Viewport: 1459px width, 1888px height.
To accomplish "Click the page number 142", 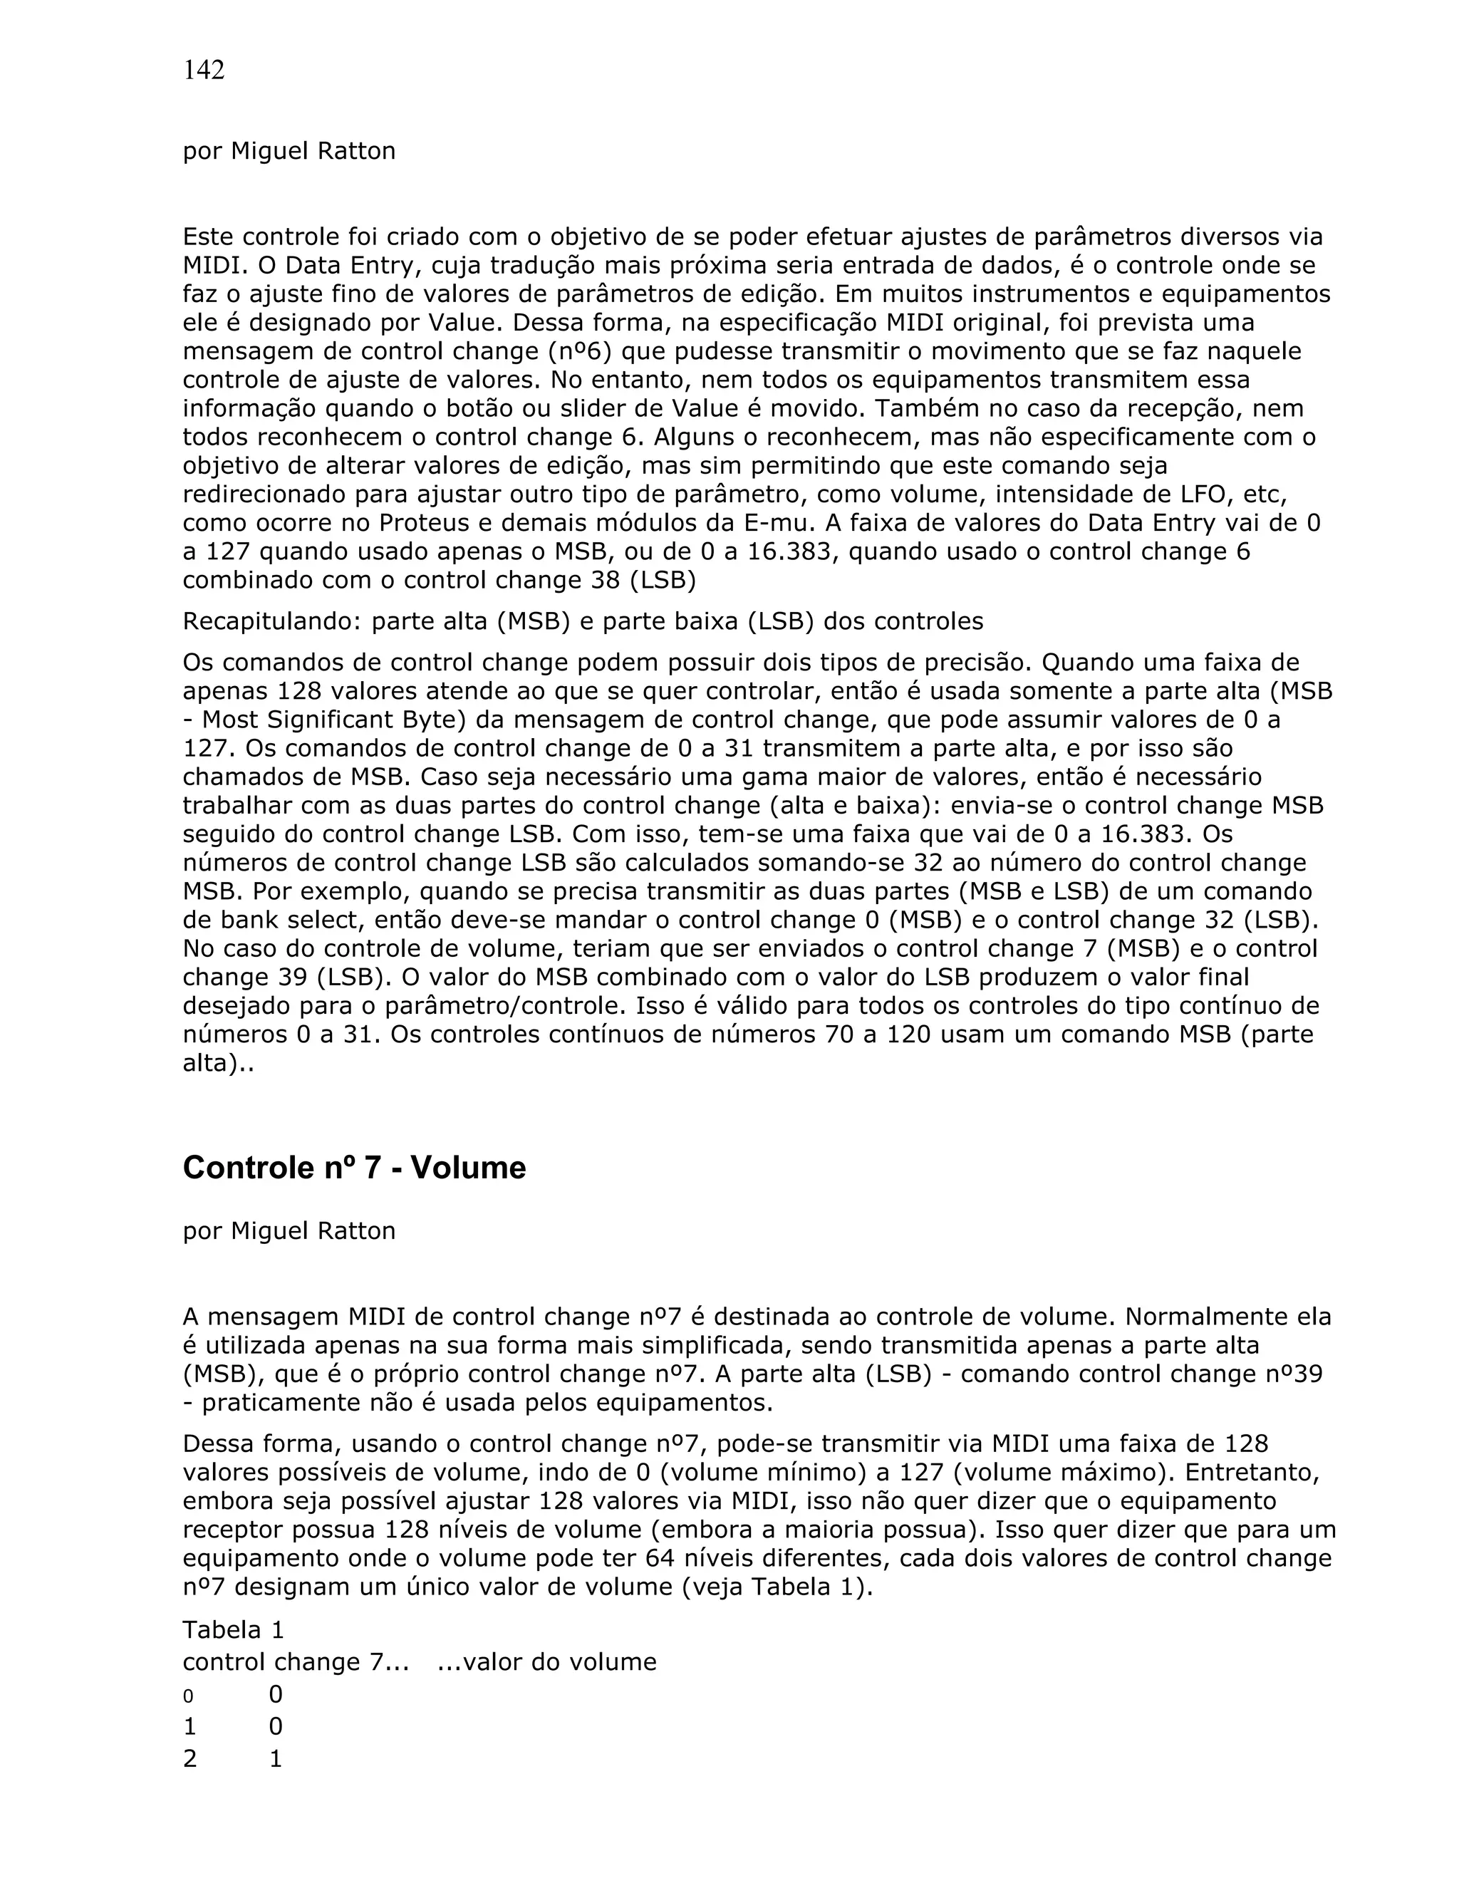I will [203, 70].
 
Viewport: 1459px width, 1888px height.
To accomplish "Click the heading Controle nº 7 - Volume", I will [353, 1168].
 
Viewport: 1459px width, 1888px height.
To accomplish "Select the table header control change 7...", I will [296, 1661].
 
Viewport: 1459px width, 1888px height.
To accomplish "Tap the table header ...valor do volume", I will [546, 1661].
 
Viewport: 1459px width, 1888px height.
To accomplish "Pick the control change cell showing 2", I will [189, 1758].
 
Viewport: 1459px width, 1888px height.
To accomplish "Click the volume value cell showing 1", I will [276, 1758].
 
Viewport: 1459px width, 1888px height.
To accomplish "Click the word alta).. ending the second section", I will [219, 1063].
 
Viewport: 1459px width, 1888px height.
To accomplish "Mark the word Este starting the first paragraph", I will [209, 237].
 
